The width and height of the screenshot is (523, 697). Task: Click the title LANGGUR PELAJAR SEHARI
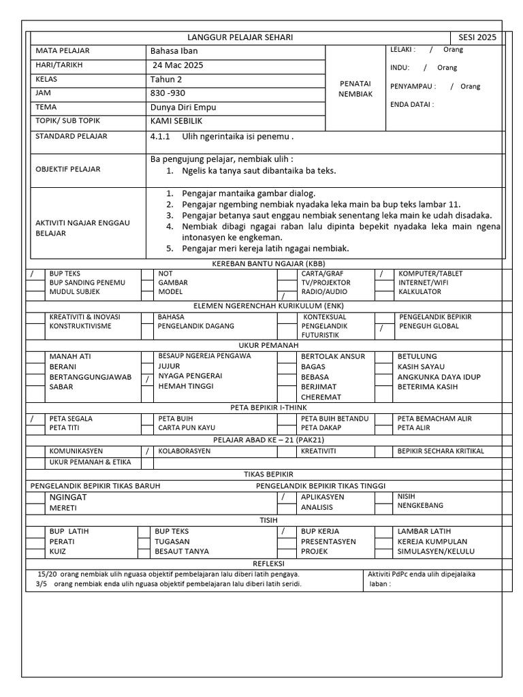(240, 37)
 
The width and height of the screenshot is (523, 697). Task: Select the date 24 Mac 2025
(178, 65)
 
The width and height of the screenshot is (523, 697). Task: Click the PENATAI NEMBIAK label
(355, 88)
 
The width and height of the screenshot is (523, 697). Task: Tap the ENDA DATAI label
(411, 104)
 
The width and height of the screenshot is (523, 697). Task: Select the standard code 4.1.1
(159, 136)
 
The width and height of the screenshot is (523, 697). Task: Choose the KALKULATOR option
(419, 291)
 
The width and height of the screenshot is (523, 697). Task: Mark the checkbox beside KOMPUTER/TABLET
(382, 274)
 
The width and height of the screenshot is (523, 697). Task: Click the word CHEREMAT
(323, 397)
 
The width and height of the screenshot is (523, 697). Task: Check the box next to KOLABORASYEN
(147, 451)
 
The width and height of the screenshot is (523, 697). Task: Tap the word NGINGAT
(69, 497)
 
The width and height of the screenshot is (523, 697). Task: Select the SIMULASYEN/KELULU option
(436, 551)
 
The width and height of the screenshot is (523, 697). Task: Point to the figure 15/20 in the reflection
(47, 574)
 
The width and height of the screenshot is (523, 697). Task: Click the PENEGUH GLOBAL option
(428, 326)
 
